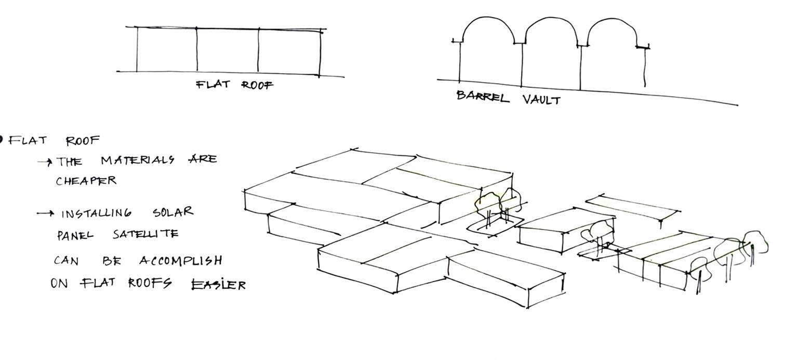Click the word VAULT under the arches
541,100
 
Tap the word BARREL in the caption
483,97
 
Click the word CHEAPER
86,181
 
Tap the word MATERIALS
138,160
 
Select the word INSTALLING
97,213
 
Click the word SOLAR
173,212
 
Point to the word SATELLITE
145,234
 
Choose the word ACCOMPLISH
181,260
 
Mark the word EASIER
218,284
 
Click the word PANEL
75,235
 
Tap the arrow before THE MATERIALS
45,162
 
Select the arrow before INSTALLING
45,213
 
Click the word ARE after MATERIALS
202,159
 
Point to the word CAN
66,260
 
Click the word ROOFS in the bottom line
150,283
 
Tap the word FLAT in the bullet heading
28,140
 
